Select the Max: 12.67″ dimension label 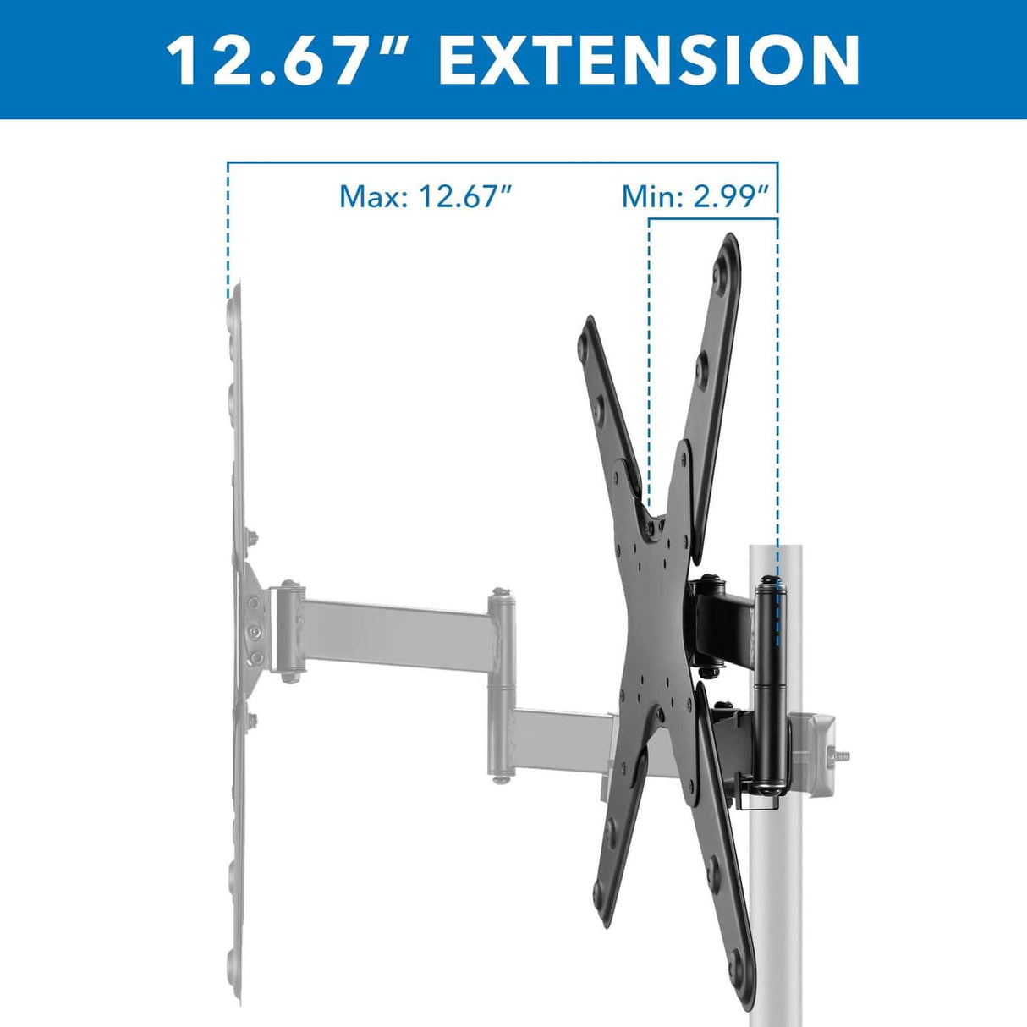(x=426, y=196)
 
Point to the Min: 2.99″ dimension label (x=695, y=196)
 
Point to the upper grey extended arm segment (x=393, y=630)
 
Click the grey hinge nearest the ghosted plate (x=288, y=630)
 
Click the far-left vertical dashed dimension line (x=228, y=228)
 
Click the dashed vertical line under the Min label (x=649, y=355)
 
